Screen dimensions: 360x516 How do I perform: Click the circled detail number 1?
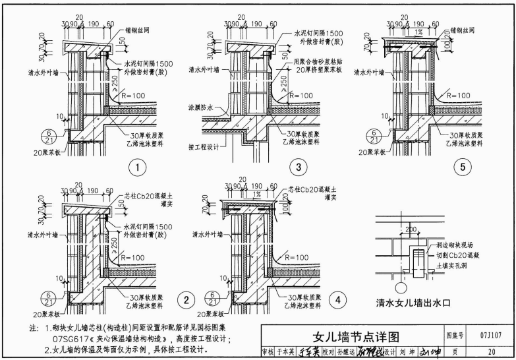tap(137, 167)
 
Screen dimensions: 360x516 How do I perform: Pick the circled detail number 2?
tap(186, 300)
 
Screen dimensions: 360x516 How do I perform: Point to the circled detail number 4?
tap(338, 300)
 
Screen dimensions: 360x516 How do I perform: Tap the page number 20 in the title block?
tap(491, 351)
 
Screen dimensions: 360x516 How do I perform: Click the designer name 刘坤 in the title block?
tap(409, 351)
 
